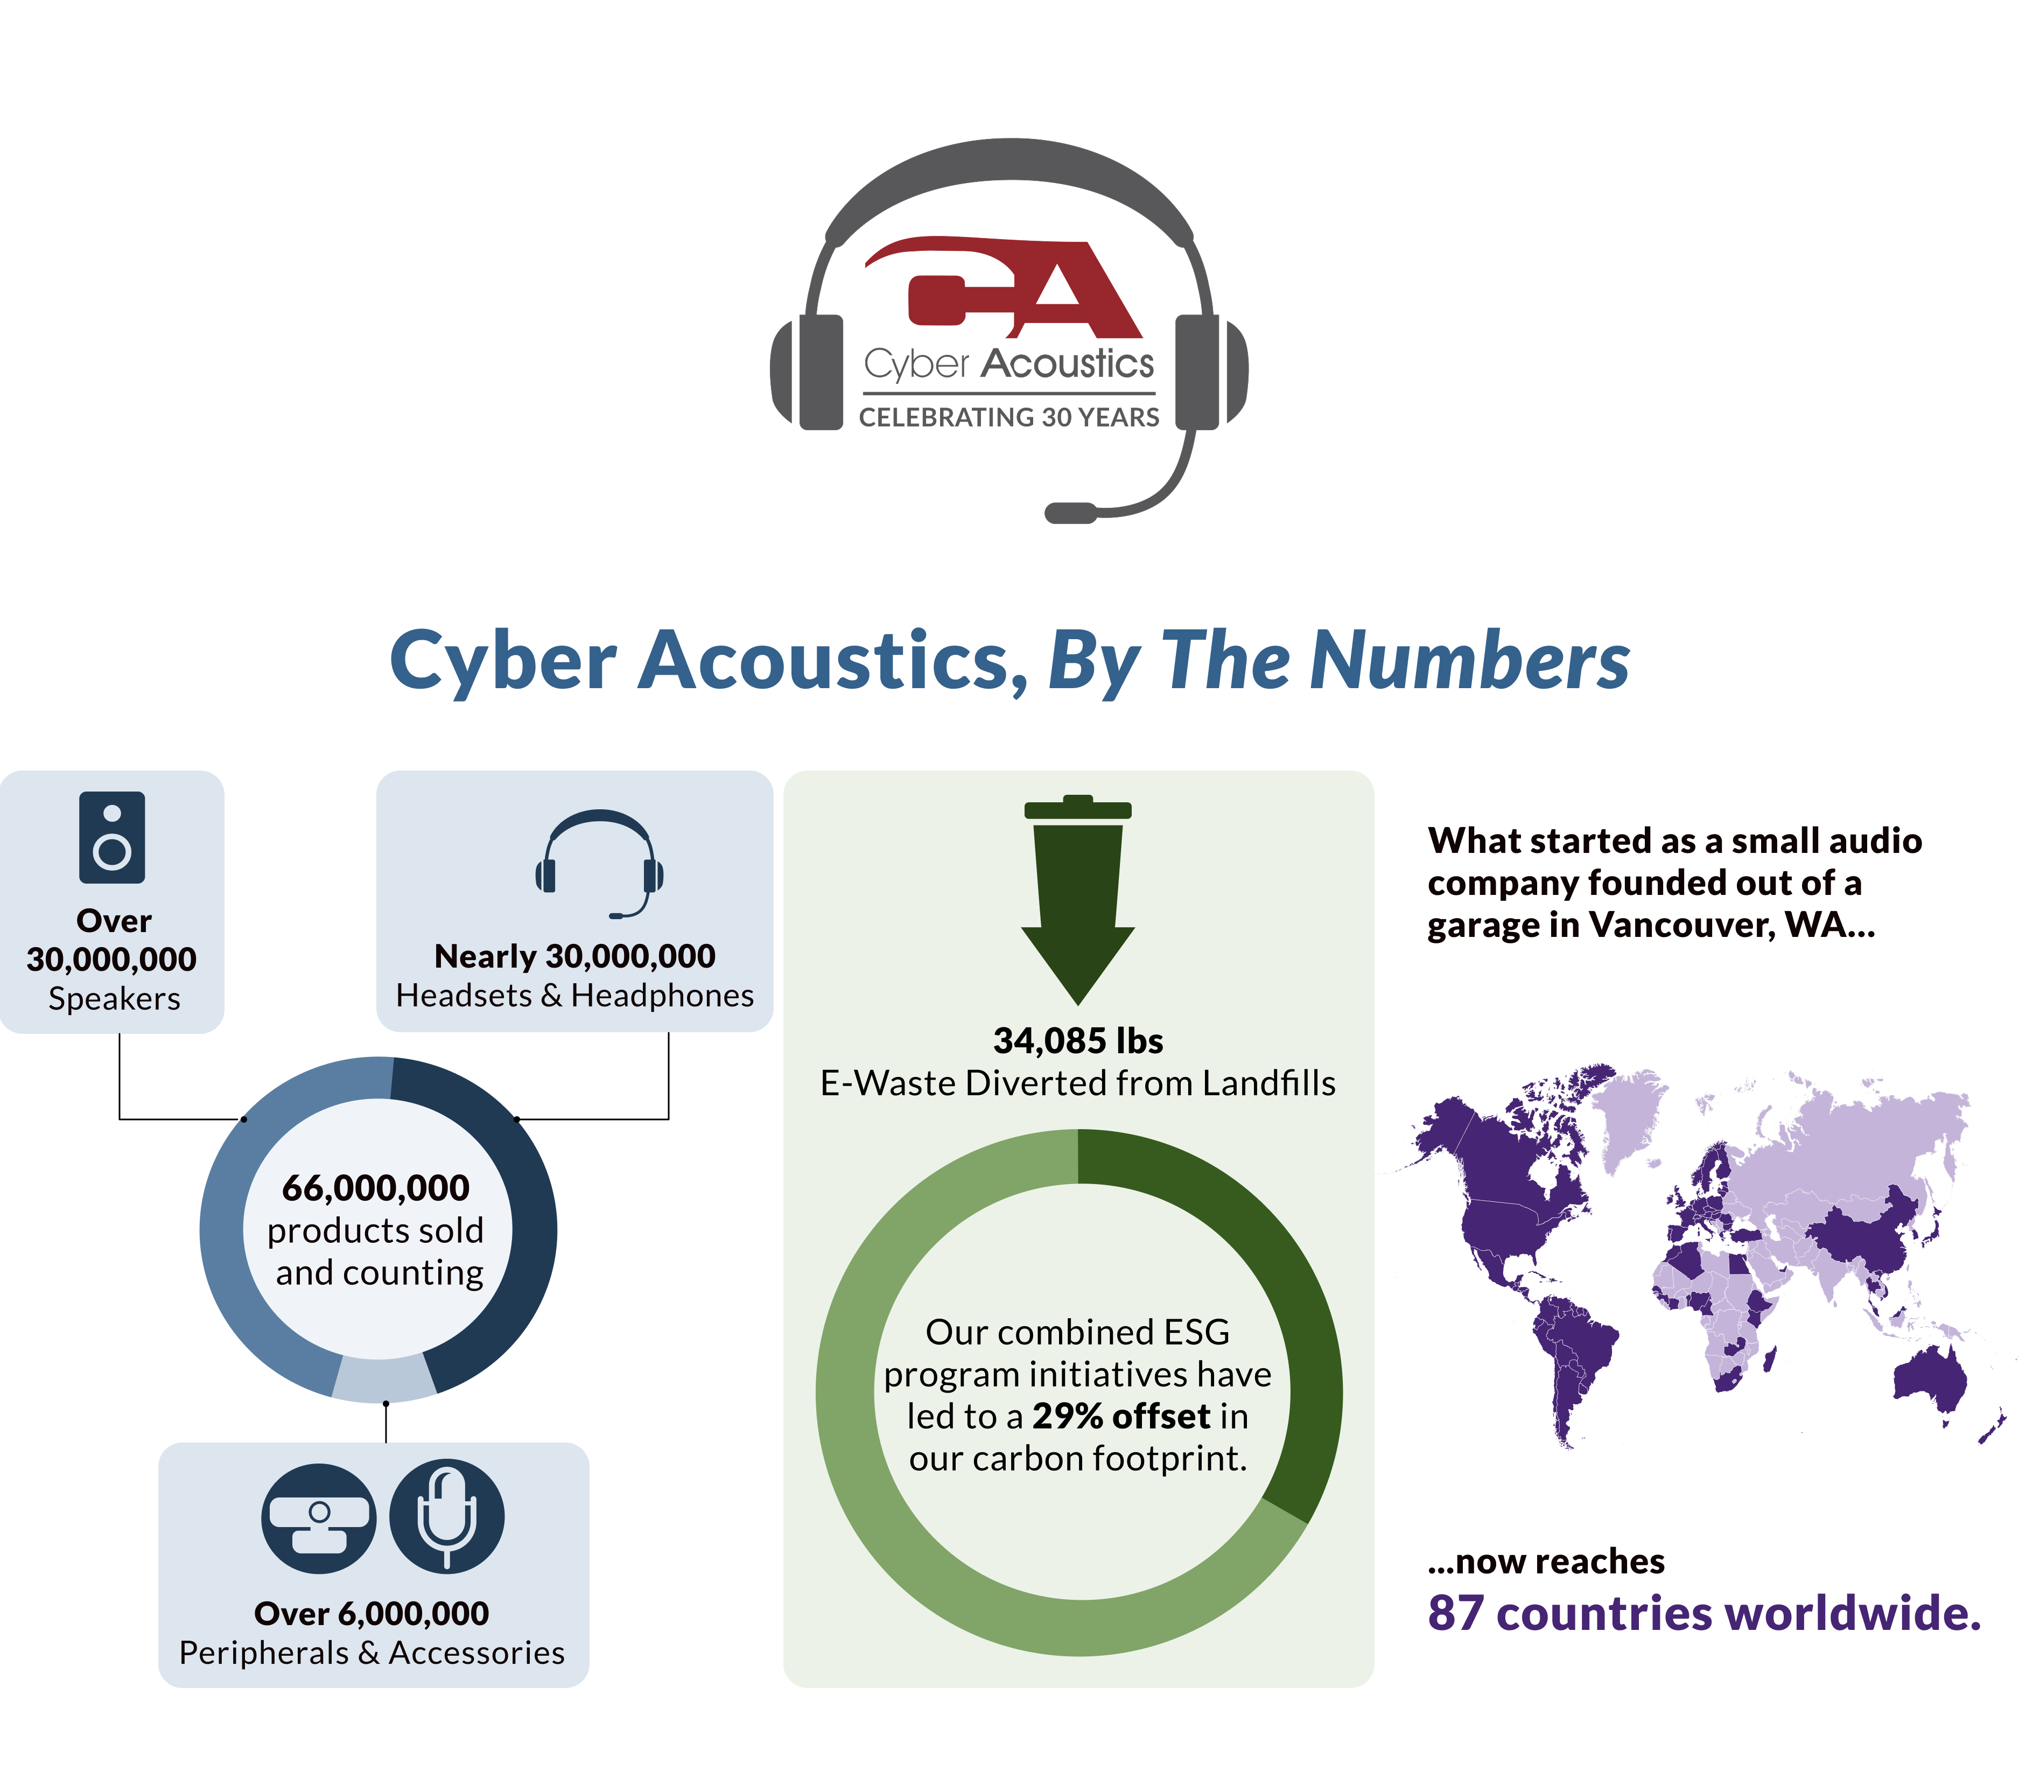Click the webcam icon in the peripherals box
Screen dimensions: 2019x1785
pos(318,1518)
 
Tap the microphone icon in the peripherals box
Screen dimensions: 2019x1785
pos(446,1516)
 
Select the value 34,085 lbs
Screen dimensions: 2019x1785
pos(1078,1040)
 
